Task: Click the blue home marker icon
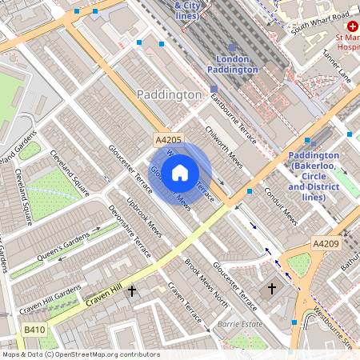[x=180, y=172]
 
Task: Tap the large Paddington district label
[x=170, y=95]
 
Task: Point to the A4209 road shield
[x=326, y=243]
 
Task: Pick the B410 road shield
[x=34, y=330]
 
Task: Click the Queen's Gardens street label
[x=63, y=251]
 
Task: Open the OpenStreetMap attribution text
[x=81, y=354]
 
